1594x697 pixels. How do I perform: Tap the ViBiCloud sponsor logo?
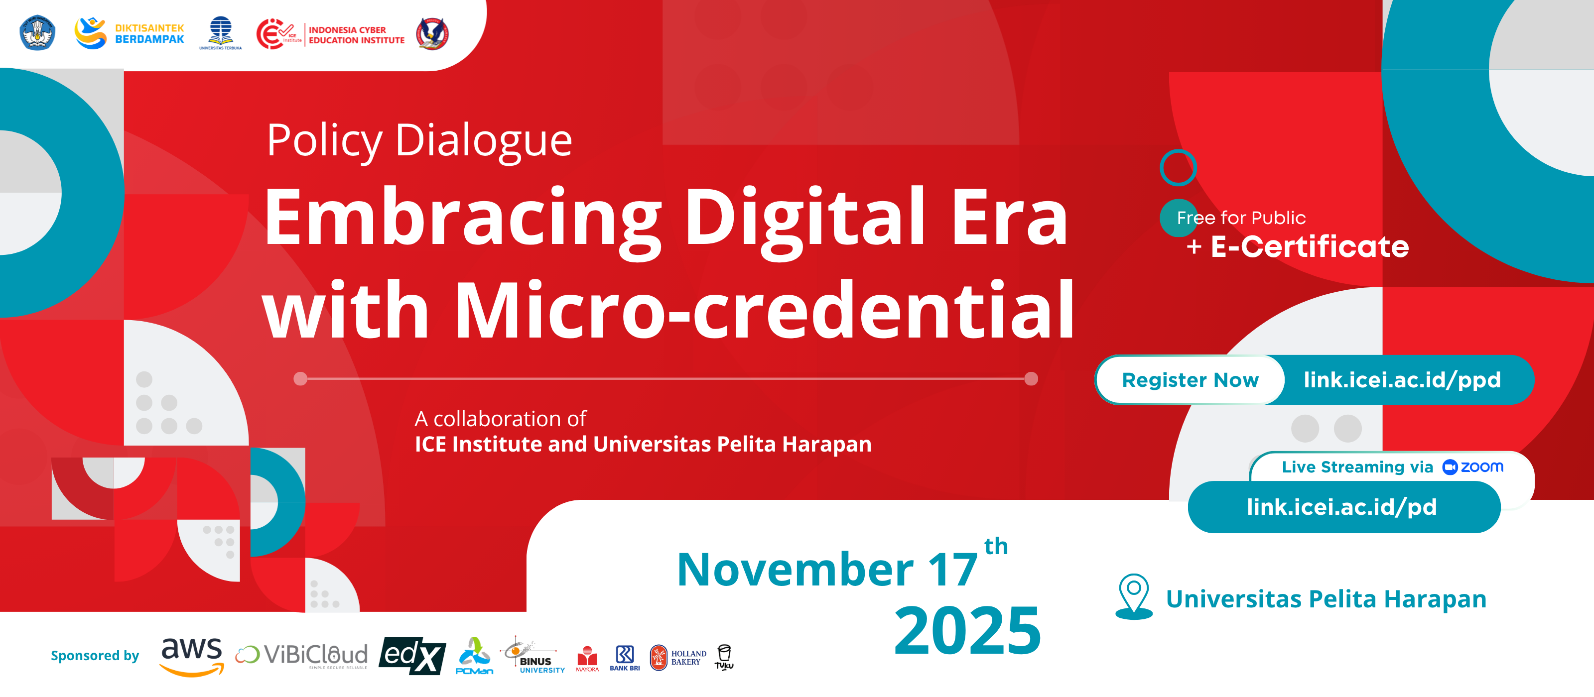click(x=301, y=656)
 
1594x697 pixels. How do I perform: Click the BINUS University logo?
click(x=533, y=656)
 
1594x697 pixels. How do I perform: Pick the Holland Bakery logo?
click(x=677, y=657)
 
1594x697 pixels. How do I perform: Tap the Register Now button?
click(x=1190, y=380)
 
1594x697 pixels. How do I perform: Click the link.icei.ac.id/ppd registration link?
click(x=1402, y=380)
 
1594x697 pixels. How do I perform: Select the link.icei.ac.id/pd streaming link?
click(x=1341, y=507)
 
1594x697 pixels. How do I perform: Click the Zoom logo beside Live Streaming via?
click(x=1473, y=467)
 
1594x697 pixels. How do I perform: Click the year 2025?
click(x=968, y=631)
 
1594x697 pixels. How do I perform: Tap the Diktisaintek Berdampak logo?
click(x=130, y=33)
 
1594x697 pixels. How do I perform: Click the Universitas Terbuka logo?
click(x=220, y=33)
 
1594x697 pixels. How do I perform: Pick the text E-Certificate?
click(x=1310, y=247)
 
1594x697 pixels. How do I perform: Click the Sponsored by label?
click(x=95, y=656)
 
